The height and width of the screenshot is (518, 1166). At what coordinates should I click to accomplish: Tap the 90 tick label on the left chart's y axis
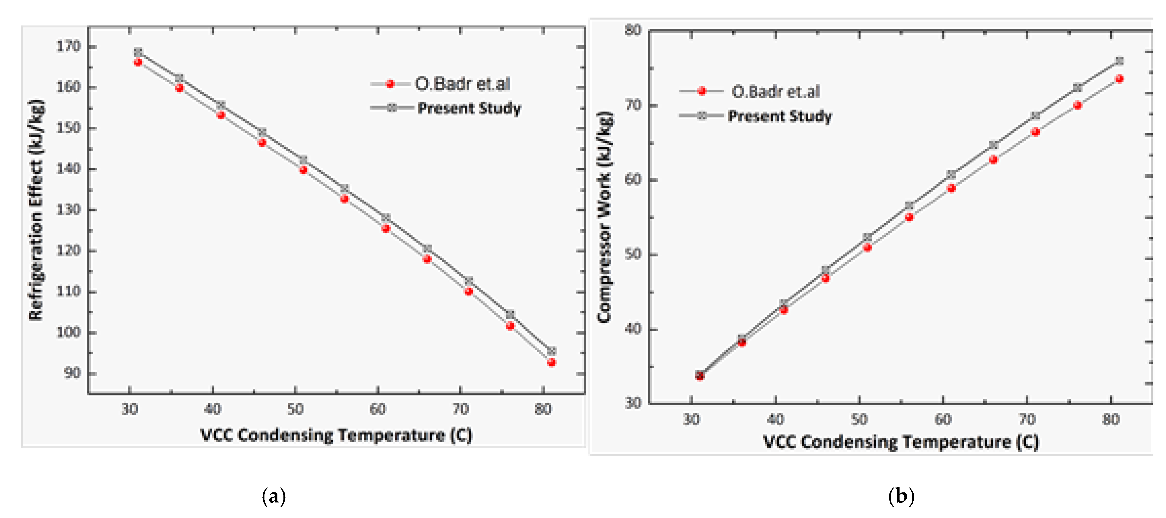click(x=72, y=373)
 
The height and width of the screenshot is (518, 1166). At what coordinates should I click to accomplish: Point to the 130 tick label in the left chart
click(x=68, y=210)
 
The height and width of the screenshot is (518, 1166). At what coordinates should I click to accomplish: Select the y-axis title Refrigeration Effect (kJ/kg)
click(x=36, y=210)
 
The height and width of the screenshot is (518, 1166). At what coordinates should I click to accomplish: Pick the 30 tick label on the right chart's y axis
click(x=633, y=403)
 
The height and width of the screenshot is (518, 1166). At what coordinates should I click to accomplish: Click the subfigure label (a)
click(x=274, y=496)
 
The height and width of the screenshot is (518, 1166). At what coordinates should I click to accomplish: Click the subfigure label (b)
click(x=901, y=496)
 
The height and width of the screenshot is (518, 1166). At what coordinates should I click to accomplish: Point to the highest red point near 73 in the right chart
click(x=1119, y=79)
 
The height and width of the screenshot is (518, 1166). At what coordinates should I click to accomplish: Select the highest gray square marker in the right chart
click(x=1119, y=61)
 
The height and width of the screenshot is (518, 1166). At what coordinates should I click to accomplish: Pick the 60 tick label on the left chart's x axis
click(x=378, y=409)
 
